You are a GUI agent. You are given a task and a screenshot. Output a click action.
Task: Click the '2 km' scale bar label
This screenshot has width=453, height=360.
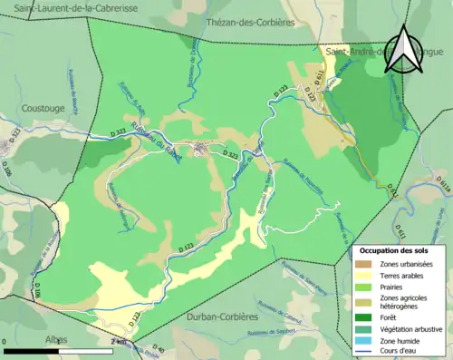click(x=120, y=341)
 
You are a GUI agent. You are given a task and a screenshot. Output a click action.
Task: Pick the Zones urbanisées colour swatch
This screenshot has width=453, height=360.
click(x=370, y=263)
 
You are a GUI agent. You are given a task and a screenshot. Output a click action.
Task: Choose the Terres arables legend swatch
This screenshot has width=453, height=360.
click(x=370, y=275)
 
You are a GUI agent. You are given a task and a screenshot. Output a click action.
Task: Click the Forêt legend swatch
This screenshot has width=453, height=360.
click(x=370, y=316)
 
